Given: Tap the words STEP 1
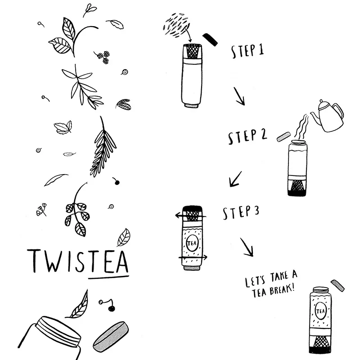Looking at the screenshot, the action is [247, 51].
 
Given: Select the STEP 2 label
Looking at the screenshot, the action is [247, 136].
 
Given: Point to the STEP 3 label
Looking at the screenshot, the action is [241, 212].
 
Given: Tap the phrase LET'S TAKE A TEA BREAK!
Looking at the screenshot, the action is [271, 284].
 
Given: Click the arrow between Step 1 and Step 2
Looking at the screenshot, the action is [239, 96].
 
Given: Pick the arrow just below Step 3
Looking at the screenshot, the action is [247, 247].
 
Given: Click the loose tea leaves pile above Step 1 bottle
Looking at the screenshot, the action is [176, 25].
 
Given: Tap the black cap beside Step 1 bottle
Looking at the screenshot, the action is [210, 40].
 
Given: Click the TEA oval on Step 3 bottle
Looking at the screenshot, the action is [192, 243].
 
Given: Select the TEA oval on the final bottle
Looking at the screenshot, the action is [320, 311].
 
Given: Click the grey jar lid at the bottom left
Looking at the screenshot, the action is [111, 337].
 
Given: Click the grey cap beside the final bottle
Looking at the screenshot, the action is [337, 286].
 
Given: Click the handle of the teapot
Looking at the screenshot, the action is [338, 113].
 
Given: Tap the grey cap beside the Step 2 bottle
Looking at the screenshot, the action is [283, 137].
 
